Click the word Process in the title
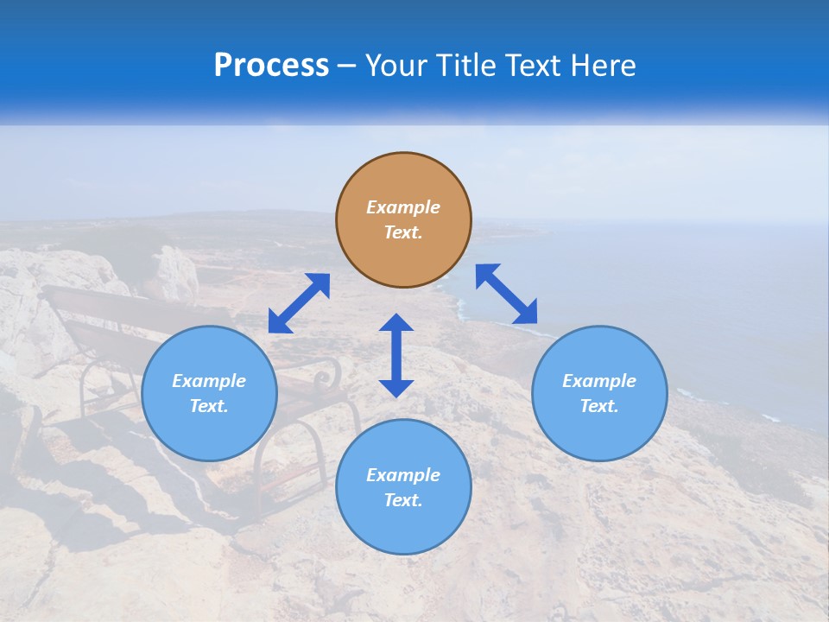coord(271,66)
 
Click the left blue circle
coord(209,393)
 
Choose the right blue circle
coord(599,393)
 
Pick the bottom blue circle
coord(403,486)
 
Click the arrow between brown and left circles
coord(299,302)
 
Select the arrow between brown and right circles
coord(507,294)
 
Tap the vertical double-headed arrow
coord(396,355)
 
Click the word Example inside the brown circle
coord(403,207)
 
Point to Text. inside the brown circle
coord(403,232)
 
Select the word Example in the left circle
coord(209,381)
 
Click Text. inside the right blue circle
coord(599,406)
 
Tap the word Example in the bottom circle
coord(403,475)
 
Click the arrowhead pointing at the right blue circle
coord(527,314)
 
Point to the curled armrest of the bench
coord(326,373)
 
